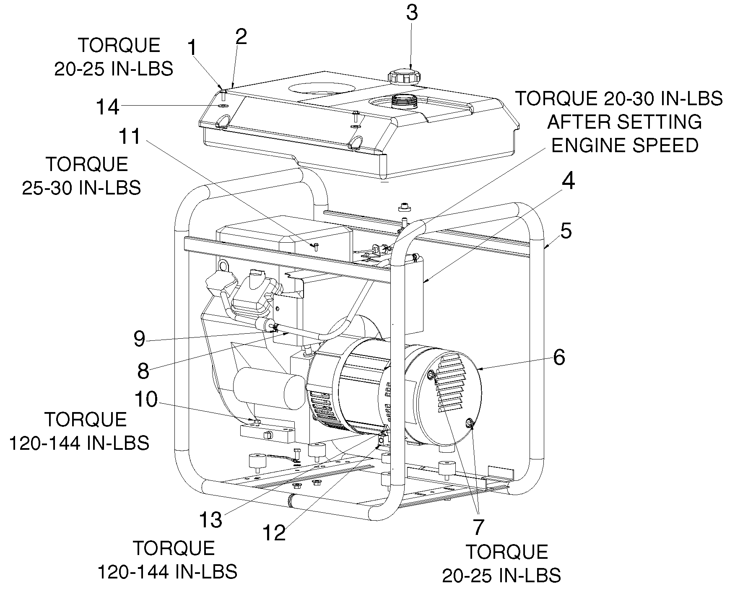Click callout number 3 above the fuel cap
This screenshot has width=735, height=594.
412,13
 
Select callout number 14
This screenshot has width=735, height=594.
108,107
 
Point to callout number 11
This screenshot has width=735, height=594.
130,137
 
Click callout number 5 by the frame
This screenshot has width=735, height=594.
566,231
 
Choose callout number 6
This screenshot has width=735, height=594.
559,357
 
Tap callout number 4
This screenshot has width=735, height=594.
569,182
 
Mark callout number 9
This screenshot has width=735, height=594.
140,339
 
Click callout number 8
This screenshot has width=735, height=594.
143,371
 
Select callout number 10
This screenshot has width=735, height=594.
146,399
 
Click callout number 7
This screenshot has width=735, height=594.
478,527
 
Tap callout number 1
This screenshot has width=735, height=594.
192,48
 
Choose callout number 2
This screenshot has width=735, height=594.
241,37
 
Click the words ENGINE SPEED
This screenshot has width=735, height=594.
625,145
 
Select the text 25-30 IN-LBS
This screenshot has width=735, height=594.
81,188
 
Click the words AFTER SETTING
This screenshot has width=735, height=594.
625,122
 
